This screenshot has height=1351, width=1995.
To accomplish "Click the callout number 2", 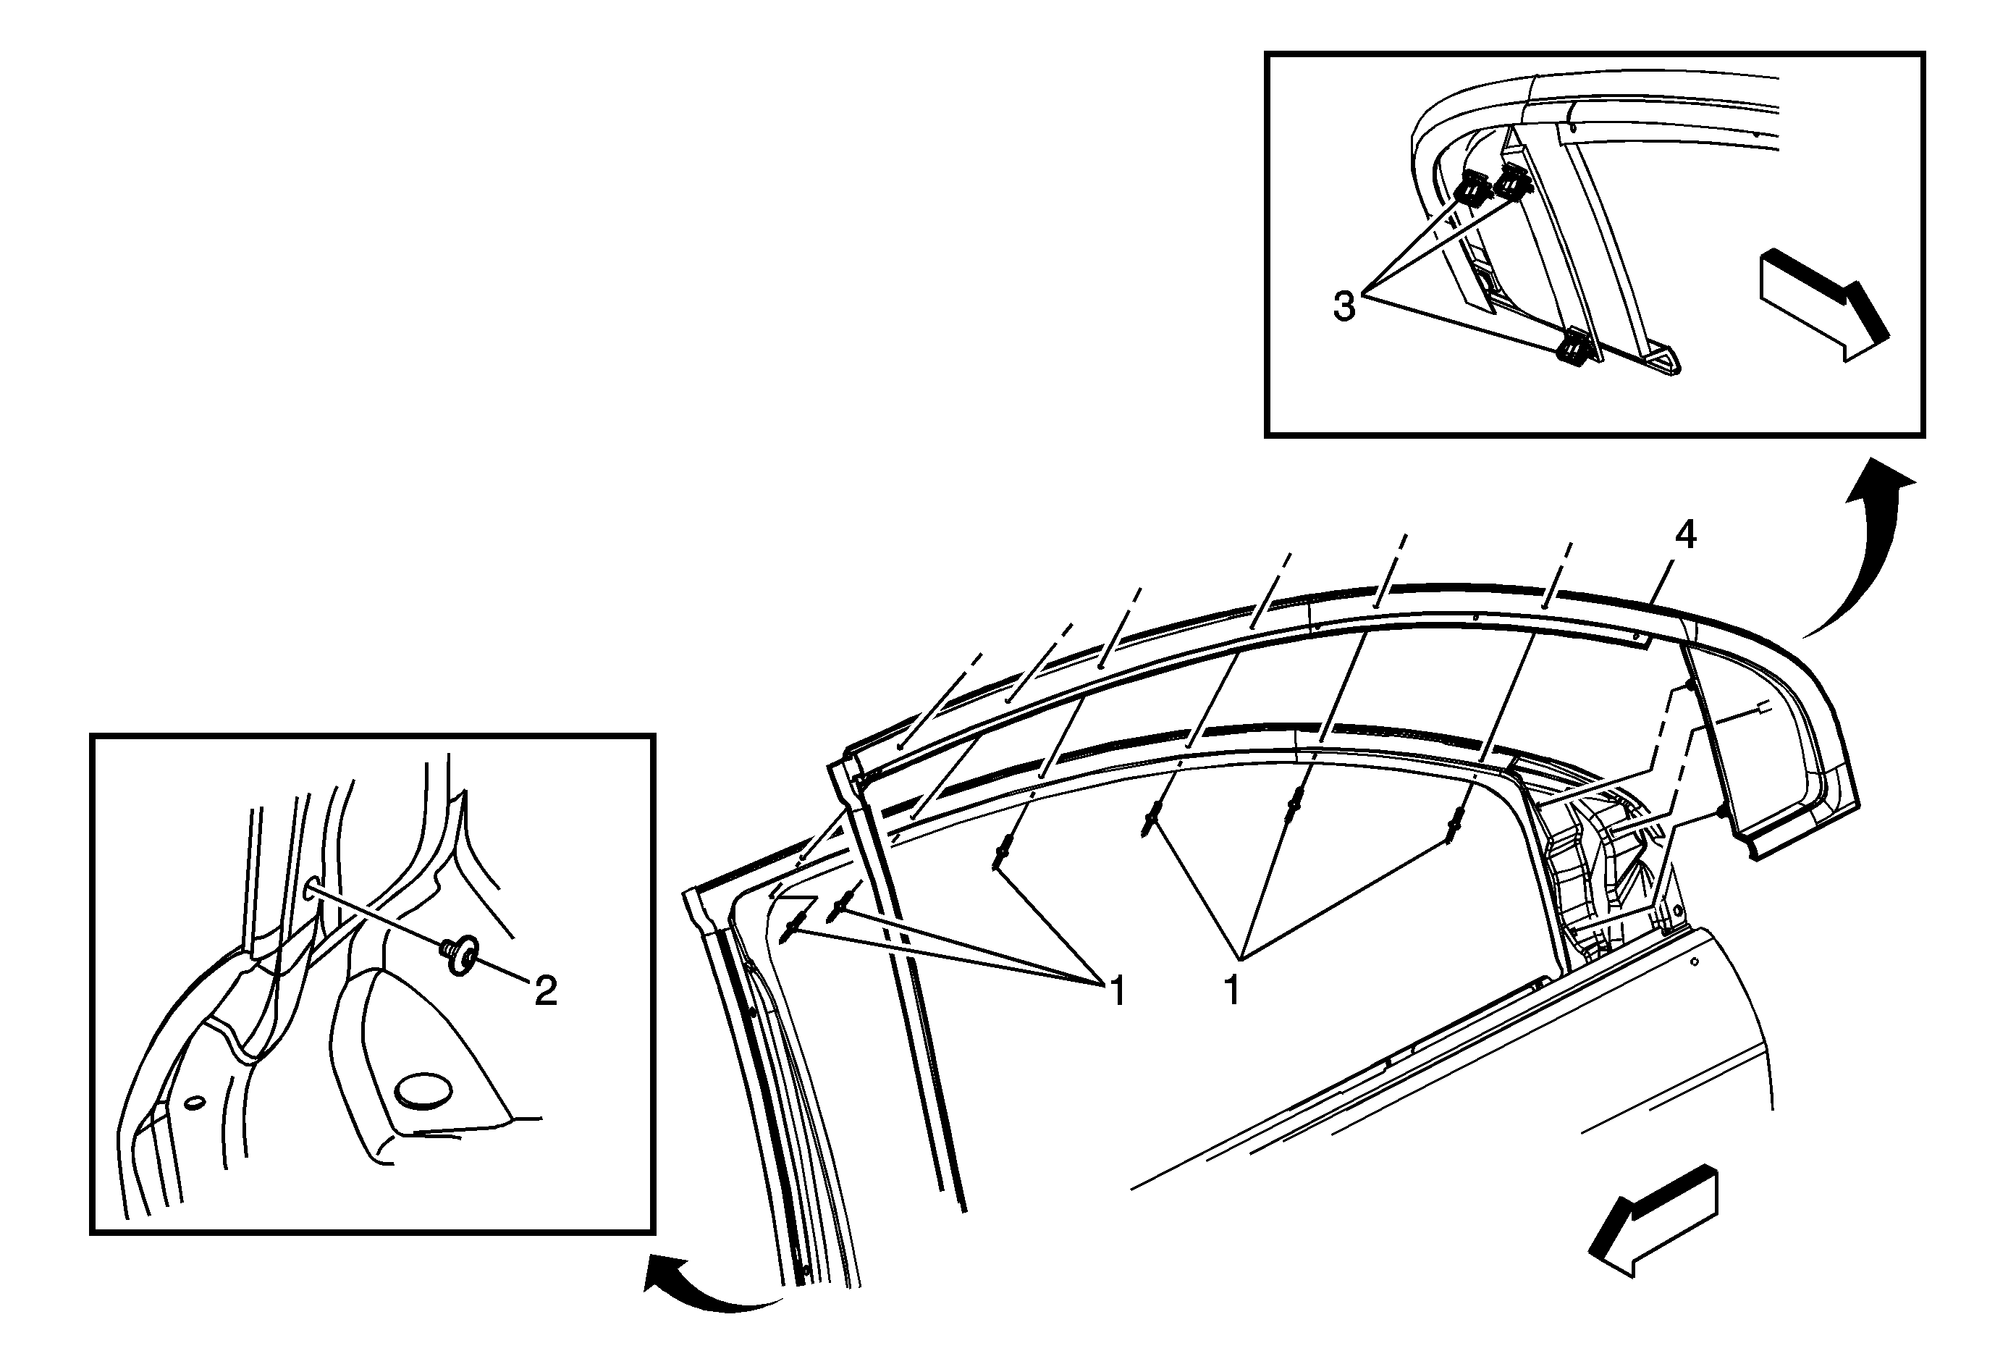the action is point(546,991).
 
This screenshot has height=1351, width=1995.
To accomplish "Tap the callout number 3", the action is point(1344,306).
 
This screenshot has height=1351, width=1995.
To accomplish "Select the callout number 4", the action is point(1686,536).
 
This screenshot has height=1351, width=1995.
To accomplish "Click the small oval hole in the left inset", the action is point(195,1102).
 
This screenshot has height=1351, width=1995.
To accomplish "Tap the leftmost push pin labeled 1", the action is point(793,926).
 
